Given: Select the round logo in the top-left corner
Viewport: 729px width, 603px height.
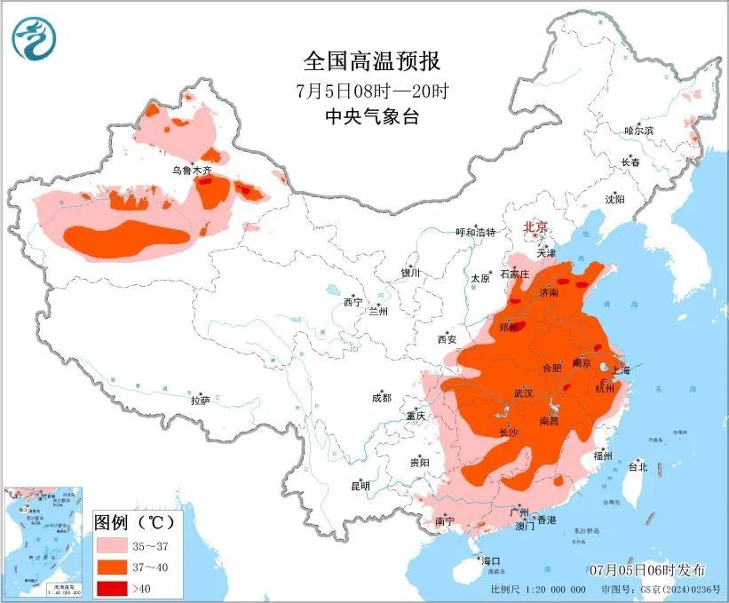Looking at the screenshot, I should tap(35, 38).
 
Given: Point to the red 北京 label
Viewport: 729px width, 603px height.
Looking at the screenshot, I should tap(536, 227).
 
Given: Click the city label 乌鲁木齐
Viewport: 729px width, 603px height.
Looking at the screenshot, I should tap(193, 169).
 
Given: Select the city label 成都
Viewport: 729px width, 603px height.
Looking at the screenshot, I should tap(382, 399).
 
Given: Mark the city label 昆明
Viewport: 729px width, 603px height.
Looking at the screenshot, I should tap(360, 486).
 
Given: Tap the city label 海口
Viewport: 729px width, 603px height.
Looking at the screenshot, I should tap(491, 561).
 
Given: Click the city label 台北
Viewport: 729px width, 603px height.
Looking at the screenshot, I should tap(638, 466).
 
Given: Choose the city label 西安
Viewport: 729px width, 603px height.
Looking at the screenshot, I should tap(446, 338).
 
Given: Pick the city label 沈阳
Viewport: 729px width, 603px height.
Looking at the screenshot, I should tap(614, 199).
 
